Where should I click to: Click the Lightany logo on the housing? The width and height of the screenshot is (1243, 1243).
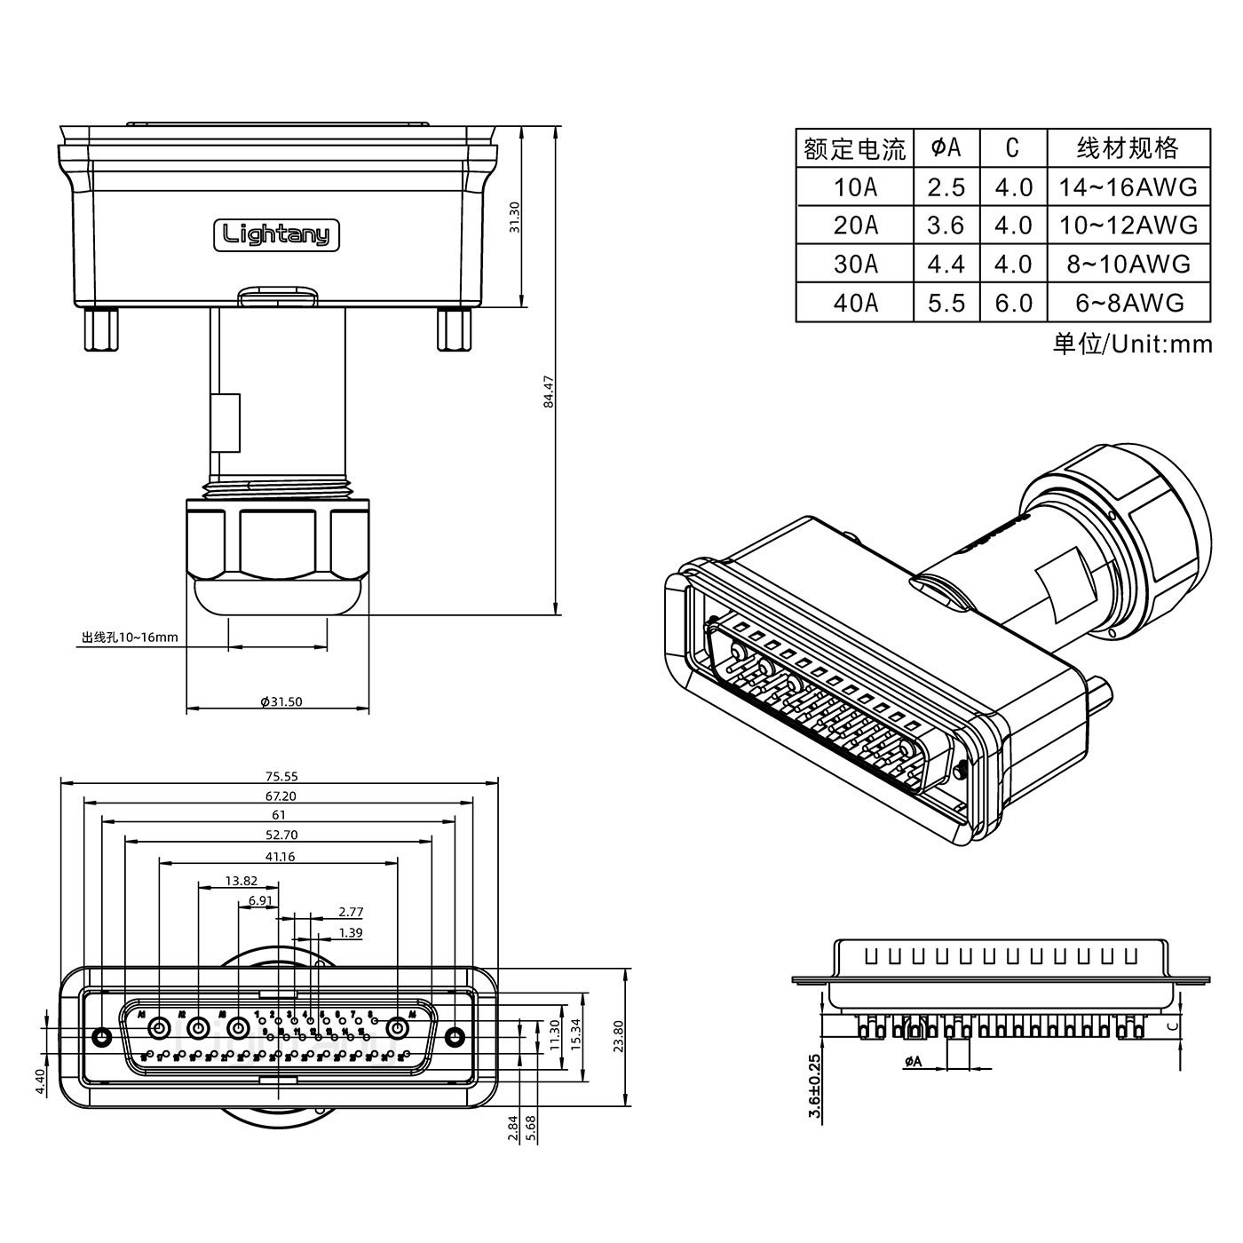click(276, 235)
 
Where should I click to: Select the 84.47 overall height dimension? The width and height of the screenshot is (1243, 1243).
click(550, 392)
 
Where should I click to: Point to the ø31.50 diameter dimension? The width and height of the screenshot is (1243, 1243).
click(281, 701)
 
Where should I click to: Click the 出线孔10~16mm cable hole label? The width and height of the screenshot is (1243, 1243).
click(130, 637)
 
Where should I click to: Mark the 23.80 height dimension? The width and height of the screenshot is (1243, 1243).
click(619, 1035)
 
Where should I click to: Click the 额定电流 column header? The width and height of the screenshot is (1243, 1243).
click(854, 148)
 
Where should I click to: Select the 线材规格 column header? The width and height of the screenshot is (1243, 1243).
click(1128, 147)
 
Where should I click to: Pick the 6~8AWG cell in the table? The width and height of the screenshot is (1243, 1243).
click(1129, 303)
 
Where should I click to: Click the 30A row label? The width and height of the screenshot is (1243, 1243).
click(855, 264)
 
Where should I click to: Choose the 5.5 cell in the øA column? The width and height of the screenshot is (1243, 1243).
click(946, 303)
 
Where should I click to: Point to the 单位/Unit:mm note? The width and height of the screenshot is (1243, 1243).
click(1132, 344)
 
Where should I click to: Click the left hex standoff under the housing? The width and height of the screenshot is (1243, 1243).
click(100, 329)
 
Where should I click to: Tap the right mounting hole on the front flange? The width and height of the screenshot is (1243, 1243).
click(455, 1037)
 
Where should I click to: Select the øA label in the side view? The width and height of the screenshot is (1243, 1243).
click(913, 1061)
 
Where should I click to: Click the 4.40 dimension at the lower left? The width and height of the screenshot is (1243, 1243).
click(40, 1081)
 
